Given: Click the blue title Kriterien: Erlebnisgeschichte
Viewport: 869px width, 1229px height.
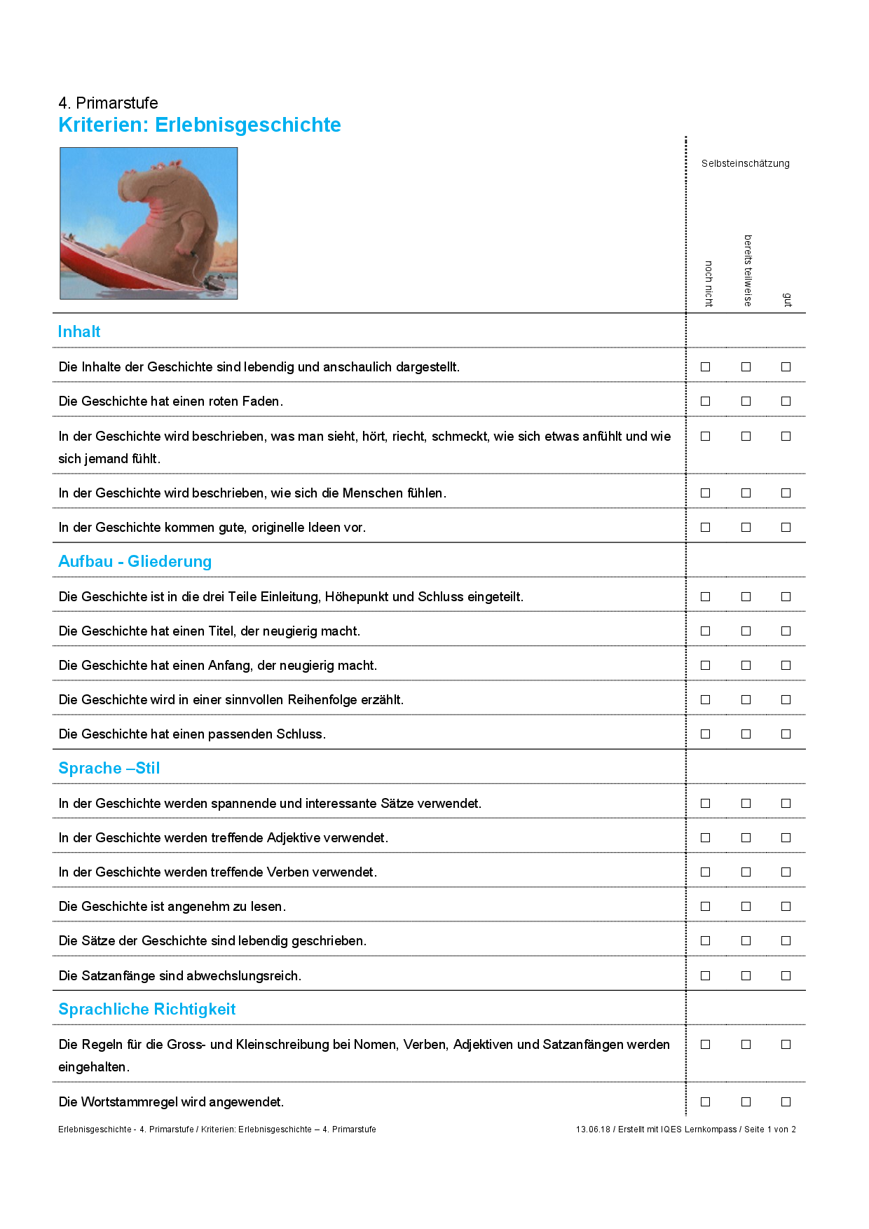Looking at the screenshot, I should tap(200, 125).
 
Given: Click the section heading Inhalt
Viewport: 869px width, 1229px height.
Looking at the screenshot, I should tap(79, 331).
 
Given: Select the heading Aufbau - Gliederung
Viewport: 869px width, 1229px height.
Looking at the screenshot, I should tap(135, 561).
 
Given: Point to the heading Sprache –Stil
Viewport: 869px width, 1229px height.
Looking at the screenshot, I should tap(109, 768).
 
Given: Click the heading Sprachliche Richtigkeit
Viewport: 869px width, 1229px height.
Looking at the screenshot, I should tap(147, 1009).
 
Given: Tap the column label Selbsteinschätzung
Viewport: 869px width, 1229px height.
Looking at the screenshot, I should tap(745, 163).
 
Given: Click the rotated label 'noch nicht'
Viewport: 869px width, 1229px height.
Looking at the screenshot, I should tap(709, 284).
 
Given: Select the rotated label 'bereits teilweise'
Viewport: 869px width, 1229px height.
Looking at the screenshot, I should tap(748, 270).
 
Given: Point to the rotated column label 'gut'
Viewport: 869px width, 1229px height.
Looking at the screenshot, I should tap(787, 300).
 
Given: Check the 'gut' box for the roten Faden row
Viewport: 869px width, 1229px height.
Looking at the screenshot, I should tap(786, 401).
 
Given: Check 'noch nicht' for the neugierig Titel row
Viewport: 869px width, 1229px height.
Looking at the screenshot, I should tap(706, 631).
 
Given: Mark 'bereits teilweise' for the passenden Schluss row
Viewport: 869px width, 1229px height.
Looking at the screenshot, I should tap(746, 734).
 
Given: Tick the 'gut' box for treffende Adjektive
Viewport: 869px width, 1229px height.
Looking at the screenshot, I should tap(786, 838).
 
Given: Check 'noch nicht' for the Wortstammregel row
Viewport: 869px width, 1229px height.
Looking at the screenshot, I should tap(706, 1102).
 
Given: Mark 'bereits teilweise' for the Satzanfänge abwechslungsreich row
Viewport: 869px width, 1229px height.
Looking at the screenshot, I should tap(746, 976).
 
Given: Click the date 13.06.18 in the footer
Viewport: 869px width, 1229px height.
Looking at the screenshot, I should tap(593, 1130).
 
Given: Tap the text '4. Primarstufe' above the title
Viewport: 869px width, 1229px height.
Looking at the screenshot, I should tap(109, 103).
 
